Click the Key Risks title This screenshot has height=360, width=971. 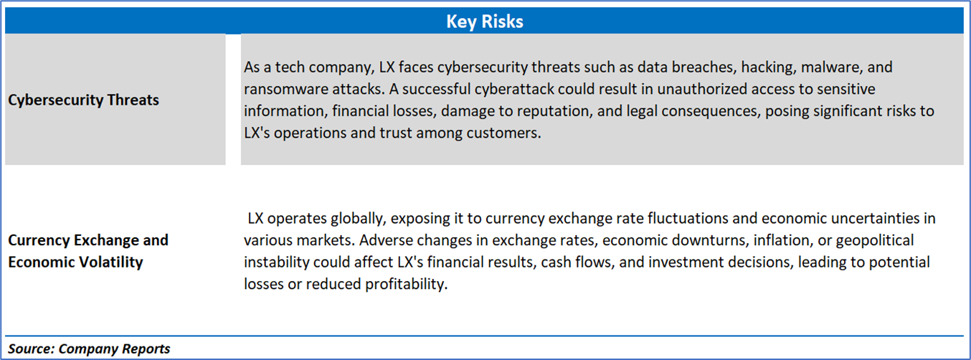pos(485,22)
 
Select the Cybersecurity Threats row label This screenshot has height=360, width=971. pos(84,100)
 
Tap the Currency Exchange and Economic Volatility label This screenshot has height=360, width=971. pos(88,251)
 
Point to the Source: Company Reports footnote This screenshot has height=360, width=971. pos(89,349)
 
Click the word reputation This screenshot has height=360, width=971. pos(554,111)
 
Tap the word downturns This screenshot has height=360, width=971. pos(708,240)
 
